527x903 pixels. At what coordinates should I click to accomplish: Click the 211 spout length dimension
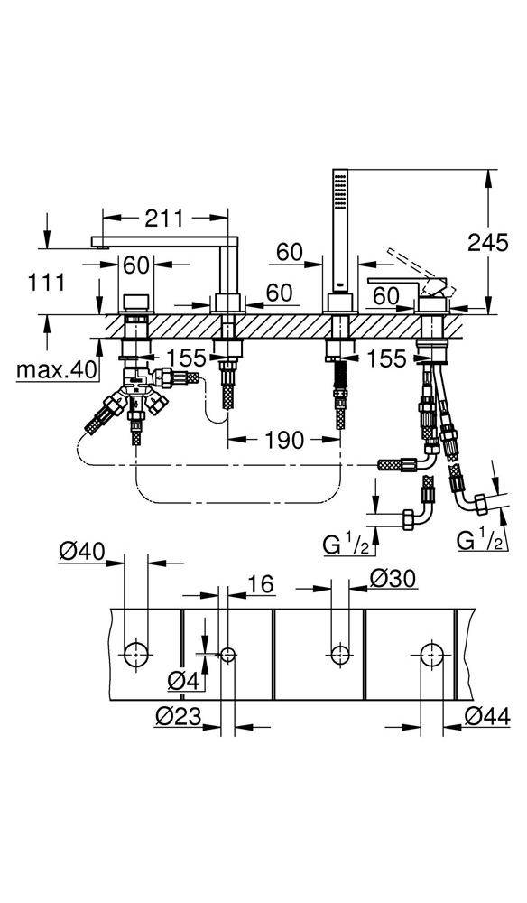pyautogui.click(x=163, y=218)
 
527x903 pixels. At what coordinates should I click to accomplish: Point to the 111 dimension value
pyautogui.click(x=44, y=282)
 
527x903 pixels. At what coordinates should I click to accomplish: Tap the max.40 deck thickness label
pyautogui.click(x=53, y=368)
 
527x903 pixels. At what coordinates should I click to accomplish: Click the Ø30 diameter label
pyautogui.click(x=394, y=578)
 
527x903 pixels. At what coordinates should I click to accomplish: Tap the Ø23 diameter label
pyautogui.click(x=176, y=718)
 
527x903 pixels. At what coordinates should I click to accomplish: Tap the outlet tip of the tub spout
pyautogui.click(x=98, y=242)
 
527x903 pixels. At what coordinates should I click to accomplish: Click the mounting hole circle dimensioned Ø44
pyautogui.click(x=430, y=653)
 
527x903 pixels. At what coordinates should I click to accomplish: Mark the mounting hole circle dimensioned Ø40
pyautogui.click(x=137, y=653)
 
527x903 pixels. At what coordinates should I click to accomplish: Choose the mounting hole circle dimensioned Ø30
pyautogui.click(x=340, y=653)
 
